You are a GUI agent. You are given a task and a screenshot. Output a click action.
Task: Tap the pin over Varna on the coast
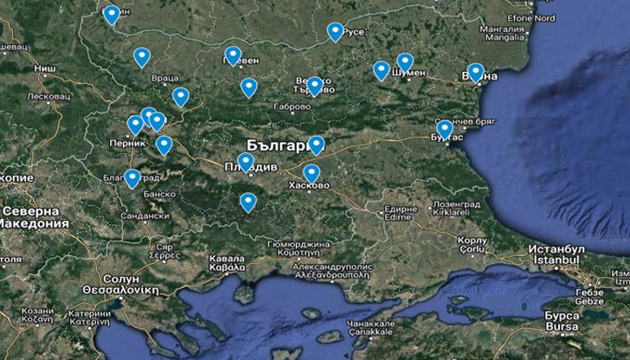(x=475, y=73)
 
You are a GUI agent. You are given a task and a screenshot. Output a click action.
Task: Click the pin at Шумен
(x=405, y=62)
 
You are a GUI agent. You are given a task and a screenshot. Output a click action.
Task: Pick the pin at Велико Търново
(x=315, y=86)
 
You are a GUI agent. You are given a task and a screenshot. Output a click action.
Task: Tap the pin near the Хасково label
(x=312, y=173)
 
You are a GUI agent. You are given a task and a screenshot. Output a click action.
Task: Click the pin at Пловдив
(x=246, y=162)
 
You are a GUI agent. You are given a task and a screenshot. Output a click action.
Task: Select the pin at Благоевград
(x=132, y=178)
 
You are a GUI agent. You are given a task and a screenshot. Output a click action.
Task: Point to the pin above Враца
(x=142, y=57)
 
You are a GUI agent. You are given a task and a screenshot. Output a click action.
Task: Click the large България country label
(x=276, y=145)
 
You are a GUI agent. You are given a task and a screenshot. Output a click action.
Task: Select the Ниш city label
(x=45, y=66)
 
